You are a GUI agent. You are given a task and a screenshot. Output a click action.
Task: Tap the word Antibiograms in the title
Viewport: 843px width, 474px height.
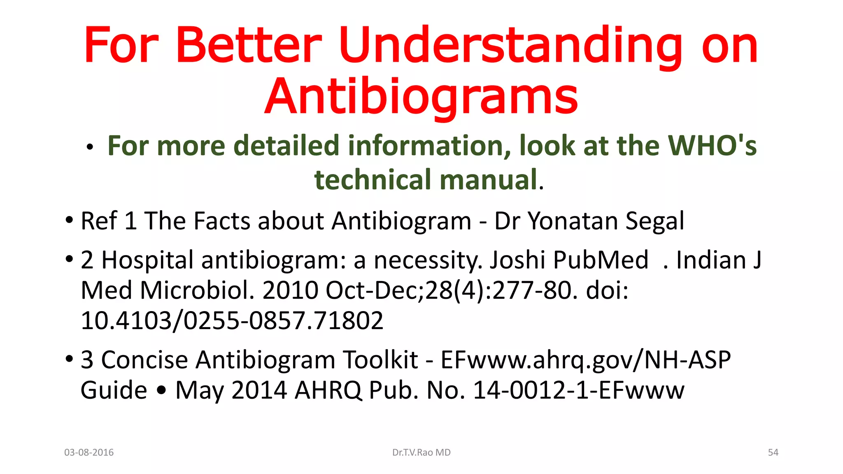(x=421, y=97)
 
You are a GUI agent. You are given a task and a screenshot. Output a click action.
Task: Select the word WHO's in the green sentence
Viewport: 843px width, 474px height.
(x=712, y=146)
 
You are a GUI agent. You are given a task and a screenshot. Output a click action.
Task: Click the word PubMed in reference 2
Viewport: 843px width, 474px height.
(x=601, y=260)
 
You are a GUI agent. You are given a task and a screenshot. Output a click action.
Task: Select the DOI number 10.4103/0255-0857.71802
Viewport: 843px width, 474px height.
(x=232, y=321)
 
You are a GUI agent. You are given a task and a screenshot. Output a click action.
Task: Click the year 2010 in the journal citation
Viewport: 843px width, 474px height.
(x=290, y=290)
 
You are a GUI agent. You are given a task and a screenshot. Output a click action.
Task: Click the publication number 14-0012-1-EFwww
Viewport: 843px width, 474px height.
(x=578, y=390)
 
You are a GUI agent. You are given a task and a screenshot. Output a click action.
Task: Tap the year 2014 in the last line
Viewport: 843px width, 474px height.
(x=259, y=390)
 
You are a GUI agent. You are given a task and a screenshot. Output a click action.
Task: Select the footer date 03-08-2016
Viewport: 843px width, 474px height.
(x=89, y=453)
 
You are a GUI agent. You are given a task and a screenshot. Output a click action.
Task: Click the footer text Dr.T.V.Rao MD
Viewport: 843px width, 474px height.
(x=421, y=453)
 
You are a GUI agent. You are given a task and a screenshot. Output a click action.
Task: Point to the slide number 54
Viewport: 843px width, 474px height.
(x=773, y=453)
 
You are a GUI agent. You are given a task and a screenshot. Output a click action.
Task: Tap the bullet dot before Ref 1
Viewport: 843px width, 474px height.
(x=69, y=220)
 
